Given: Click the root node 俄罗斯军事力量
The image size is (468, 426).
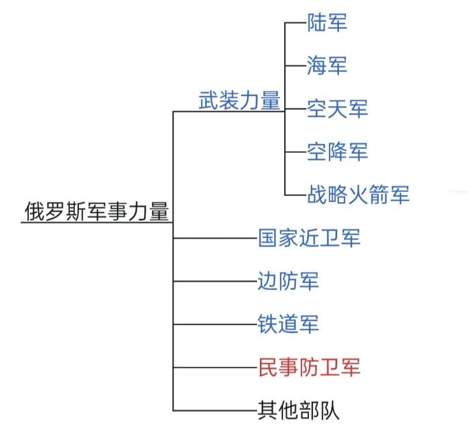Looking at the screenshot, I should [x=96, y=211].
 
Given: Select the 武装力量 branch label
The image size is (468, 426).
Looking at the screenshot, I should [x=239, y=101].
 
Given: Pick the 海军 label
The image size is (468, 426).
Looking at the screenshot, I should [x=327, y=65].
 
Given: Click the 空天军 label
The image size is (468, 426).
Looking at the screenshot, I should [x=337, y=108].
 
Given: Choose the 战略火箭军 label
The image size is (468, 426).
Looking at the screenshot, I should [x=358, y=194].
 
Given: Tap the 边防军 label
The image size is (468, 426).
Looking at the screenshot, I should [x=288, y=281].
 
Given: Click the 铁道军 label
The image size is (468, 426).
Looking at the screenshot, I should [x=288, y=324].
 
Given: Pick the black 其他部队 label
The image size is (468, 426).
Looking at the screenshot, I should [x=299, y=410].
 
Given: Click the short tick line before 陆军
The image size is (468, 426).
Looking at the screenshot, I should [x=295, y=22].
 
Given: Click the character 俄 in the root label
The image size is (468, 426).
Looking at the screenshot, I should [x=32, y=211].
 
